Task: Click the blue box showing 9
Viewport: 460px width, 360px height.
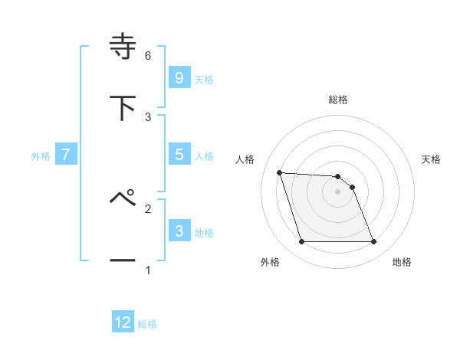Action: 179,77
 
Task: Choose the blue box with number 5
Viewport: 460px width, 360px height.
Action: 179,155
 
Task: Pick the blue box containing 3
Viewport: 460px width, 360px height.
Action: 179,231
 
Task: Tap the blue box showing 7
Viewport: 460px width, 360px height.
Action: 66,155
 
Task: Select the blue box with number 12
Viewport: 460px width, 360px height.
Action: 123,322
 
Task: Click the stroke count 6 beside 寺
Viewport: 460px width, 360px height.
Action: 147,56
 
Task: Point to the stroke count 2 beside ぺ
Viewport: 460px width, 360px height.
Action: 147,208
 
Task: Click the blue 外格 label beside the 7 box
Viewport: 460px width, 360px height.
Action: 41,155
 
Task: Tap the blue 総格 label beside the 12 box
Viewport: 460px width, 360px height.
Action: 147,324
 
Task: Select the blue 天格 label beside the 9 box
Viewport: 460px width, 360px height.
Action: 204,79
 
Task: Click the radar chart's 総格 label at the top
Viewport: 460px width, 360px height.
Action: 338,100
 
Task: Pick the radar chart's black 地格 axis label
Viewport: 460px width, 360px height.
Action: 402,263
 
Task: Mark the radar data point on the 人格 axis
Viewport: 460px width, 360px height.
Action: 279,172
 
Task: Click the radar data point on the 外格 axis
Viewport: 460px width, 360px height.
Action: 301,242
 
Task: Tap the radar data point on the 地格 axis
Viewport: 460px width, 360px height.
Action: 373,242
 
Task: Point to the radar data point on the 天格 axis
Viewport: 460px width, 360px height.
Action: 352,187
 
